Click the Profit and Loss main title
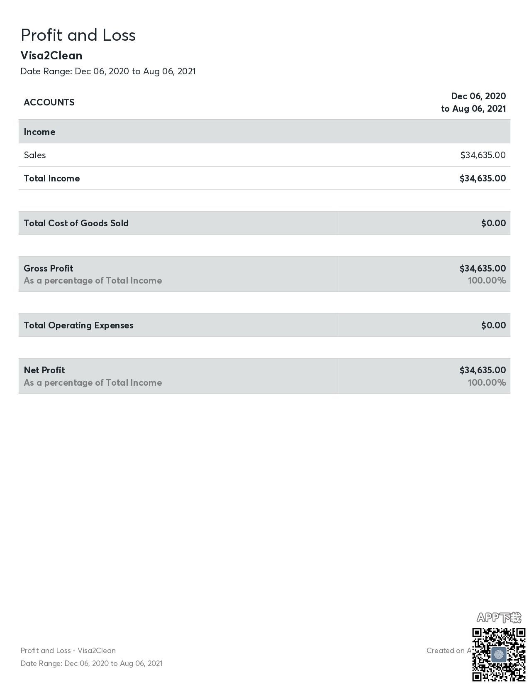click(x=78, y=35)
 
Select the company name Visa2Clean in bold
click(x=51, y=55)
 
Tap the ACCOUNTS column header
click(x=49, y=102)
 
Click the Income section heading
click(x=39, y=132)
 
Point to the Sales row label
click(x=35, y=155)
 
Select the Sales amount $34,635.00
click(x=483, y=155)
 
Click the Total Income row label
click(x=52, y=178)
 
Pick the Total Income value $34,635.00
click(x=483, y=178)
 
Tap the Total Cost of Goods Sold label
click(x=76, y=223)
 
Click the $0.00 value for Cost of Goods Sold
click(x=493, y=223)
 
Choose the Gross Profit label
click(x=49, y=268)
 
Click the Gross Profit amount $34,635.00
click(x=483, y=268)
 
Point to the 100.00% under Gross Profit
click(x=487, y=280)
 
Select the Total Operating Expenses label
click(x=78, y=325)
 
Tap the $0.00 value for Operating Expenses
click(x=493, y=325)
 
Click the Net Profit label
click(x=44, y=370)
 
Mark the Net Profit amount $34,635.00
click(x=483, y=370)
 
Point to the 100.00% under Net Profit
click(x=487, y=382)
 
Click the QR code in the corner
click(x=499, y=654)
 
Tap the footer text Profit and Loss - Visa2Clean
click(x=68, y=651)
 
